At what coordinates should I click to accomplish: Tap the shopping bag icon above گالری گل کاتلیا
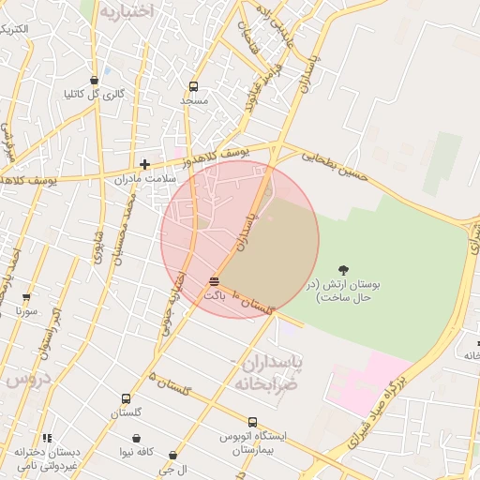coord(94,80)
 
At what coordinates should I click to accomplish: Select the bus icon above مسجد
coord(193,85)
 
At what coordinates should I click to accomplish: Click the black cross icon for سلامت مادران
coord(144,164)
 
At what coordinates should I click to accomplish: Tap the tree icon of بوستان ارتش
coord(343,270)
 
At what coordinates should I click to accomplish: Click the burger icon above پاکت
coord(215,281)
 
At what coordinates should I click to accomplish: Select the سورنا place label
coord(26,309)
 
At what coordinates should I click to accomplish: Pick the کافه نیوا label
coord(136,452)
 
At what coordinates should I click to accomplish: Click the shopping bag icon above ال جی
coord(172,456)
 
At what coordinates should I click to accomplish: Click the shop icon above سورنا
coord(25,296)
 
